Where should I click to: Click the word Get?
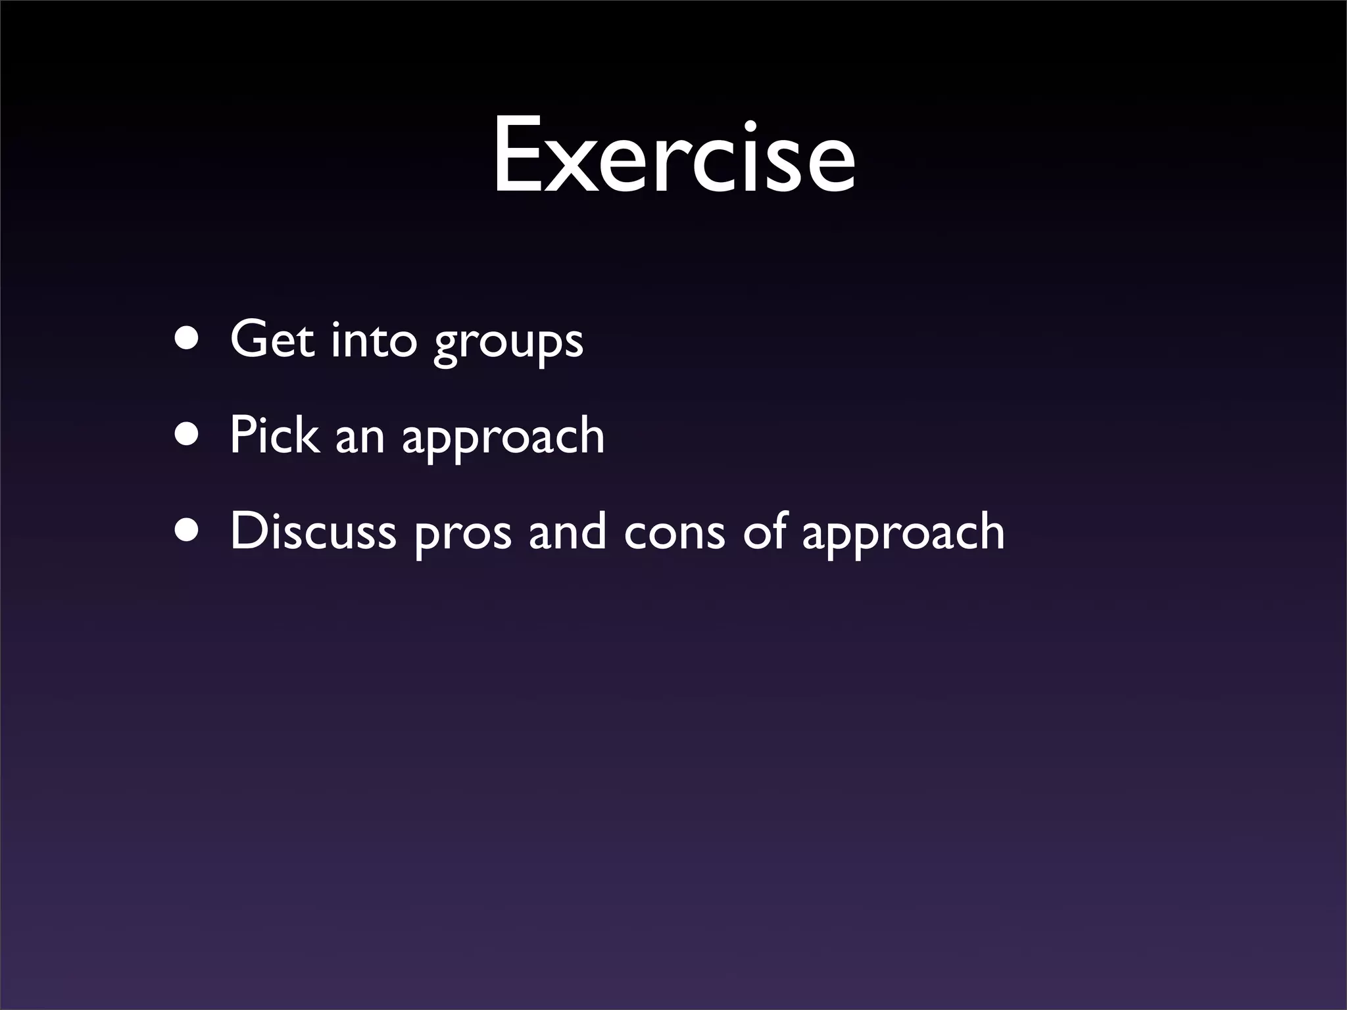[272, 340]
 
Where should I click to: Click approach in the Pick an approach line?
[503, 439]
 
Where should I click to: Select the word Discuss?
[313, 531]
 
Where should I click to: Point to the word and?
[568, 531]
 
